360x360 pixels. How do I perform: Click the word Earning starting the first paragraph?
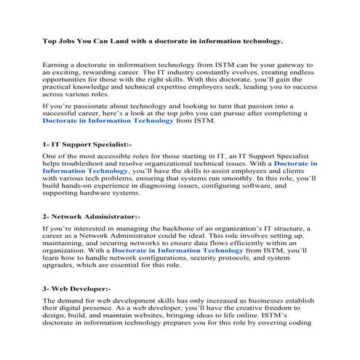pyautogui.click(x=60, y=65)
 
